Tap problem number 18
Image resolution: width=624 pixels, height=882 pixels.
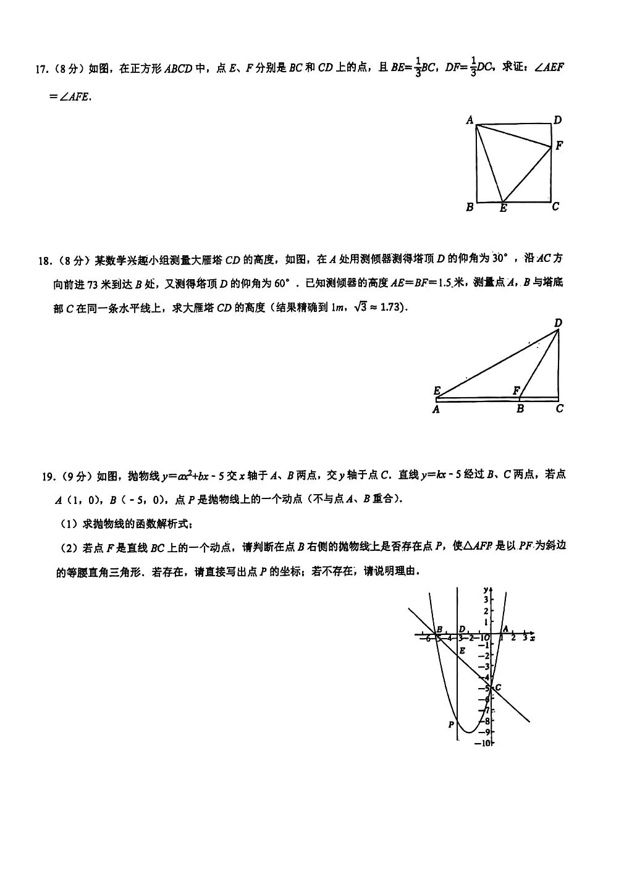pos(45,261)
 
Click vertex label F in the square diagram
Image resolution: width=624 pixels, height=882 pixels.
pos(559,146)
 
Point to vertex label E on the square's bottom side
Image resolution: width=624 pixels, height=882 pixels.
pos(504,209)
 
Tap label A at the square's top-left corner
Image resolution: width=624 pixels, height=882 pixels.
pos(470,120)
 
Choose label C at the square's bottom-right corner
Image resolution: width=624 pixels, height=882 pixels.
pos(555,206)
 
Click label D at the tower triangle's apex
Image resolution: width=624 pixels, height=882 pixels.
pos(559,322)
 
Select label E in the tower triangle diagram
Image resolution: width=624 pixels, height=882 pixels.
pos(437,390)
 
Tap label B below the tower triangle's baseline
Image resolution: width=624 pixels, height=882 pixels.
pos(520,408)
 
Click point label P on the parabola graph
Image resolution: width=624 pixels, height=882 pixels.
pos(451,724)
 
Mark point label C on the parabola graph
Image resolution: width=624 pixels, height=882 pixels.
pos(497,687)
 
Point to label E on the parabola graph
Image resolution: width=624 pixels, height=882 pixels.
pos(462,650)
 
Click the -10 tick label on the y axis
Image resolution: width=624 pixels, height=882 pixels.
pos(483,743)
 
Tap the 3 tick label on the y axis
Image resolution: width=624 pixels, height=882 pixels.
pos(486,600)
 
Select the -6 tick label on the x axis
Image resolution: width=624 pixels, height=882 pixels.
pos(425,639)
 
